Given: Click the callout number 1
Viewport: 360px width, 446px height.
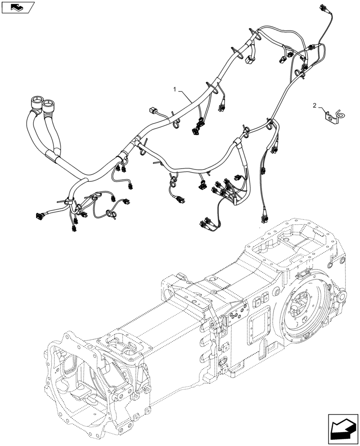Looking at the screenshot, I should pyautogui.click(x=176, y=90).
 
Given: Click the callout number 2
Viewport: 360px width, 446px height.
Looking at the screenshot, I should pyautogui.click(x=315, y=106).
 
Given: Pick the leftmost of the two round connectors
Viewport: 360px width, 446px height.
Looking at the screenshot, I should pyautogui.click(x=36, y=102).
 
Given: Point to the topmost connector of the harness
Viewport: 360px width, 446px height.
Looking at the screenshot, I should pyautogui.click(x=323, y=8).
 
